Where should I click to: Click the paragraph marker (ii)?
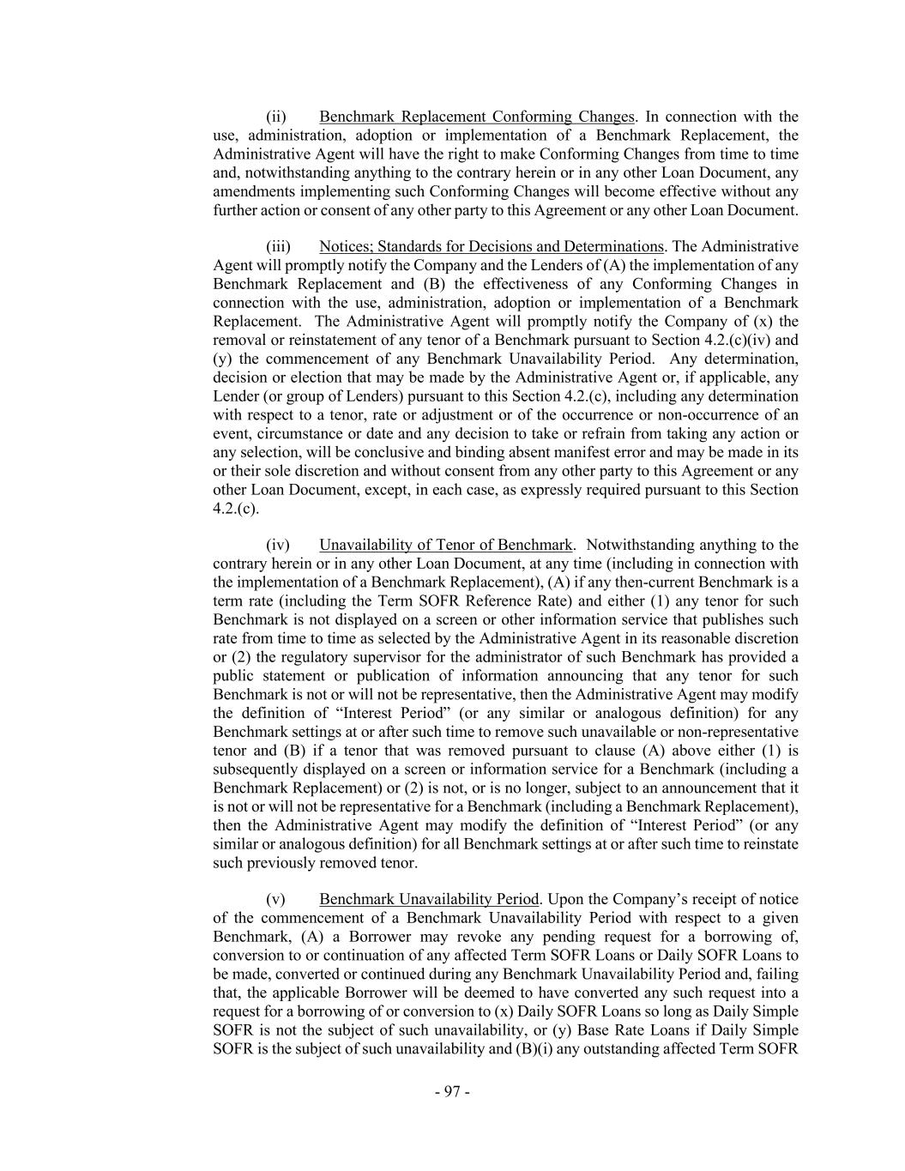(x=275, y=117)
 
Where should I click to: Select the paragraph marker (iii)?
(x=277, y=247)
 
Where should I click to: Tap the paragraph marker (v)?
(x=275, y=899)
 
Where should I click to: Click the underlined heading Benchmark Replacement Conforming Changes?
(x=477, y=117)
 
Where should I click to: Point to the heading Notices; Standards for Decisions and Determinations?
(x=492, y=247)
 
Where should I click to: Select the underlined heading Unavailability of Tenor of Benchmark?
(x=445, y=545)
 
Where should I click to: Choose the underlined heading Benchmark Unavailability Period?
(x=429, y=899)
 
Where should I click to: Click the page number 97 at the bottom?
(x=452, y=1091)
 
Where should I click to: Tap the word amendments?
(x=250, y=191)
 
